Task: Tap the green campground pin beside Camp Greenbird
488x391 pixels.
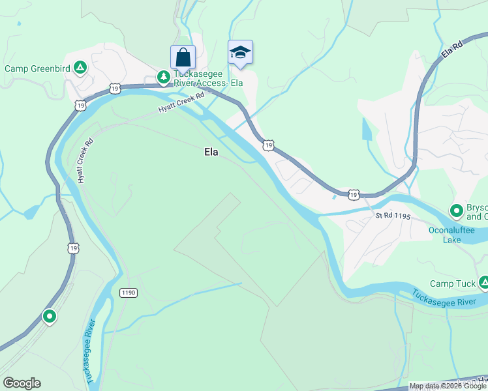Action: [80, 67]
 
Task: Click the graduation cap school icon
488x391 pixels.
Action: [240, 52]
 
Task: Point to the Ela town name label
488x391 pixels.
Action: [211, 152]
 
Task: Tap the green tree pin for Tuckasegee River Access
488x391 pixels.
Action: [163, 78]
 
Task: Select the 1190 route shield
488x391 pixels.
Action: [129, 293]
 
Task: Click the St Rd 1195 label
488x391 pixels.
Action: [392, 216]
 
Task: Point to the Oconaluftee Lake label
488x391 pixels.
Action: [450, 235]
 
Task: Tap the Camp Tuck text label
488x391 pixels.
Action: [451, 283]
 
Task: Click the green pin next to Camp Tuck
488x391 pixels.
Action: [483, 283]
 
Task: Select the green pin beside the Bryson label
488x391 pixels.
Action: [457, 210]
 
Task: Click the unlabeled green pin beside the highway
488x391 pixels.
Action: [49, 317]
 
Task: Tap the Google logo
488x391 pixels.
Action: [22, 383]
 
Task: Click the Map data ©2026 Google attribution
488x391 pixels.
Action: [448, 386]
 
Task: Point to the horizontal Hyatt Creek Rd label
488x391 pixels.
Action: [181, 104]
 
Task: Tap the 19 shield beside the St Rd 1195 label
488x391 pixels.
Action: [353, 194]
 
